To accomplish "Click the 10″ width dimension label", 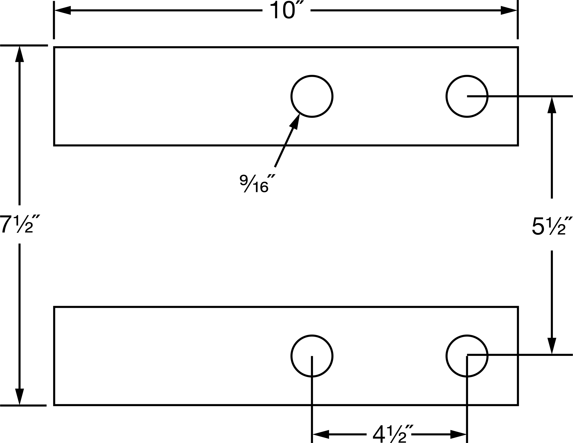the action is [286, 10].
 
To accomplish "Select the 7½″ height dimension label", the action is [20, 224].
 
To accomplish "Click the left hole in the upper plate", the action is [312, 76].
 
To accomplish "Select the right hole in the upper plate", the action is [467, 76].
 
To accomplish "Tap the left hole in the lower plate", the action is [312, 336].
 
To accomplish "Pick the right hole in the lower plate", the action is [467, 336].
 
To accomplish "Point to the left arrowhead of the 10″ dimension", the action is [63, 10].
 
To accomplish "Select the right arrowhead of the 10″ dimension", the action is [509, 10].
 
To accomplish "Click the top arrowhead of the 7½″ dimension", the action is [19, 54].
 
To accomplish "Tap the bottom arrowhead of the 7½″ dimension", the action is [19, 397].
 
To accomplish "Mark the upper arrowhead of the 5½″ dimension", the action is [552, 105].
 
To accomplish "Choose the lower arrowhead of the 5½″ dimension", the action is [552, 346].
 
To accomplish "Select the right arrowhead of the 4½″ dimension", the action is [458, 434].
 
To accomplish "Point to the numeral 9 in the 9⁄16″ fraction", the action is [244, 180].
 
